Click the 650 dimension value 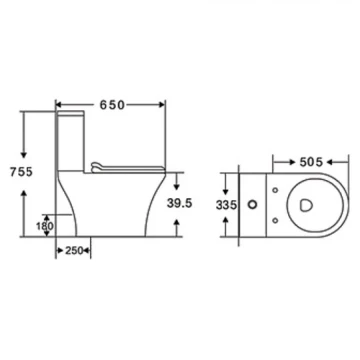tap(112, 105)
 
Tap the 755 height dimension tap(21, 172)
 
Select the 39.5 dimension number tap(179, 203)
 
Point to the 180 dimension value tap(44, 226)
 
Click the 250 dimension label tap(74, 251)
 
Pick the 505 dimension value tap(311, 162)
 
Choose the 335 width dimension tap(226, 205)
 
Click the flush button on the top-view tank tap(253, 204)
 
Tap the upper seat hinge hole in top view tap(275, 190)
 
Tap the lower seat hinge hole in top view tap(275, 220)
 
